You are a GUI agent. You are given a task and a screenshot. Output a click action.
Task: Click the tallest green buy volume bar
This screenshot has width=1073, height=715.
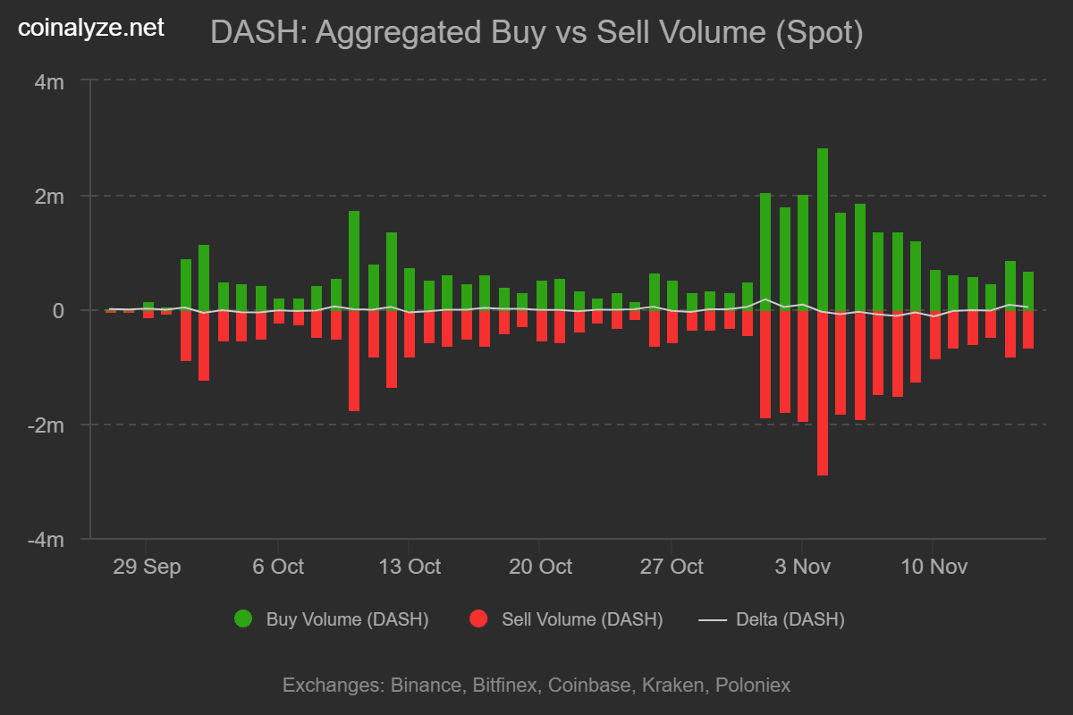coord(822,229)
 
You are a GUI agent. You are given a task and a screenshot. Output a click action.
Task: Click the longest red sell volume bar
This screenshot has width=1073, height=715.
coord(822,392)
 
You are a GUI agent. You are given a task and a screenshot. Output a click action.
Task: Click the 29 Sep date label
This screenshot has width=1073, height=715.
coord(147,567)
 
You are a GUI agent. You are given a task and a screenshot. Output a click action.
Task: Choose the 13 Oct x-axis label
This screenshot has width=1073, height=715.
coord(409,567)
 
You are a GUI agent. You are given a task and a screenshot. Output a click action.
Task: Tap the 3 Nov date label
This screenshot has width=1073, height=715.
coord(802,567)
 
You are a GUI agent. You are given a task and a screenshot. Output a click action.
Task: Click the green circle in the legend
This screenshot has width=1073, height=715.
coord(242,618)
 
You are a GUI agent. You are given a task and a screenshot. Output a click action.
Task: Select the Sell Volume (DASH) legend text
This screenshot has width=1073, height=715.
coord(582,619)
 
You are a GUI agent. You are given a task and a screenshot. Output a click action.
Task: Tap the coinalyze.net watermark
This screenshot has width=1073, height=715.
coord(91,29)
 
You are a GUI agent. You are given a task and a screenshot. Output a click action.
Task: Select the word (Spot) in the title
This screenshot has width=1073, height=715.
coord(820,33)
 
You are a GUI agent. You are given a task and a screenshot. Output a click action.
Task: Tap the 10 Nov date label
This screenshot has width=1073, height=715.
coord(933,567)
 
